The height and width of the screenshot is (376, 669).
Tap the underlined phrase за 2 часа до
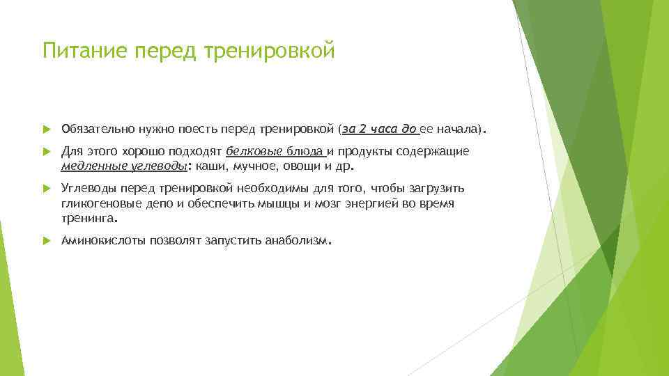click(380, 129)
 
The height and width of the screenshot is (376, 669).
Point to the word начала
click(457, 129)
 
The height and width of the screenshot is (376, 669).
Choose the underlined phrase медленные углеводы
click(124, 166)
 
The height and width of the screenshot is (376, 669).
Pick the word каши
click(210, 166)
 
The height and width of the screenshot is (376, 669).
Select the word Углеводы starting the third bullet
click(89, 188)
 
